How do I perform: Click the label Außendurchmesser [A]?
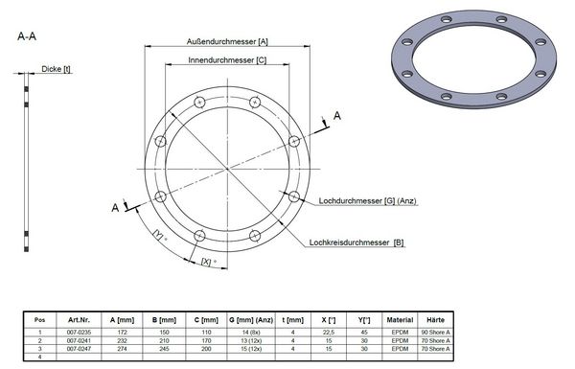point(227,42)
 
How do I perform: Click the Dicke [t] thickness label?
point(56,69)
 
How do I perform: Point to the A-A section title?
point(28,36)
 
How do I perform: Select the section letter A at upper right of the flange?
point(336,115)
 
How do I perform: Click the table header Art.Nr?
point(79,319)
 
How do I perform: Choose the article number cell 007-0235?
point(79,331)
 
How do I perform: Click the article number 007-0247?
point(79,347)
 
